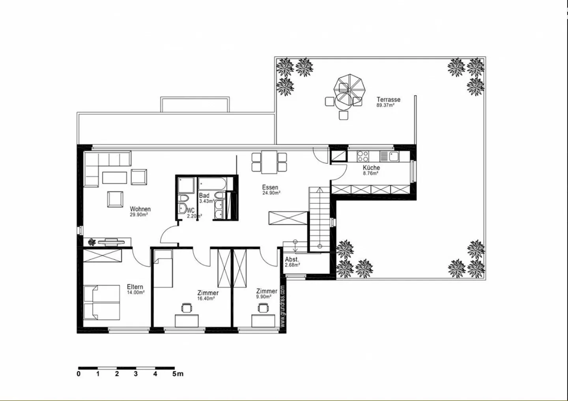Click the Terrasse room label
click(388, 100)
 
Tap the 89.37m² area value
click(385, 105)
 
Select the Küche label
click(371, 168)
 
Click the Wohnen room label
click(140, 209)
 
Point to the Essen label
click(270, 187)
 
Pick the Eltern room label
click(135, 287)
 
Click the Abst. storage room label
click(292, 259)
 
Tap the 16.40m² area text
click(206, 298)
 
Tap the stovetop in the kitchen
click(362, 156)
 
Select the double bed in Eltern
click(102, 302)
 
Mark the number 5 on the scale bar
click(174, 374)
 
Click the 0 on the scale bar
click(78, 374)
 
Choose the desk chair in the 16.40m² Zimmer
click(186, 308)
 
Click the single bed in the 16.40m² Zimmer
click(163, 269)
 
